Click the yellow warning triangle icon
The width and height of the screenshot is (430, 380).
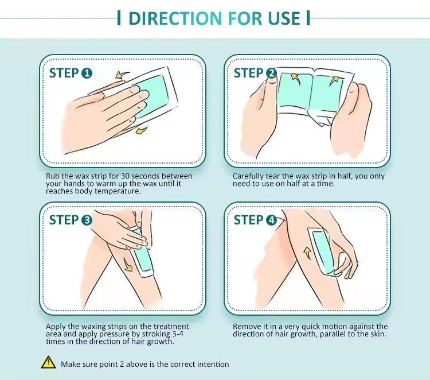(x=48, y=362)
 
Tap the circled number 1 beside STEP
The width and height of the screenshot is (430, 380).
(x=87, y=73)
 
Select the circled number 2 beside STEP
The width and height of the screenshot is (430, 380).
(x=272, y=73)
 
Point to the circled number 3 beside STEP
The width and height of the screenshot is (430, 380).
(x=87, y=220)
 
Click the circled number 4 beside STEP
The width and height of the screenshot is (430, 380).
(x=272, y=220)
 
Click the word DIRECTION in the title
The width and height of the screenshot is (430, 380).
(x=175, y=18)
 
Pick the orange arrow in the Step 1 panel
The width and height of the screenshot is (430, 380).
(x=122, y=75)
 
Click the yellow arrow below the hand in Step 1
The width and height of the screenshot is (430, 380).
(x=142, y=130)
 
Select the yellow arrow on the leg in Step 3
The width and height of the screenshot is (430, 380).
(x=127, y=265)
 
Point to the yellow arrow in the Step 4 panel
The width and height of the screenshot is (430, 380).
(x=308, y=253)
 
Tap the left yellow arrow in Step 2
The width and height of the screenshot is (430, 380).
(x=295, y=79)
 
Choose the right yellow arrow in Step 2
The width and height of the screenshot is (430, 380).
(x=334, y=80)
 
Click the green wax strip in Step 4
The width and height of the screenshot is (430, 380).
(x=324, y=251)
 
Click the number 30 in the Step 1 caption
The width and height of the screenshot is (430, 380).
(x=126, y=176)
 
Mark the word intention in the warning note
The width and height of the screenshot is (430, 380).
(x=213, y=365)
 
